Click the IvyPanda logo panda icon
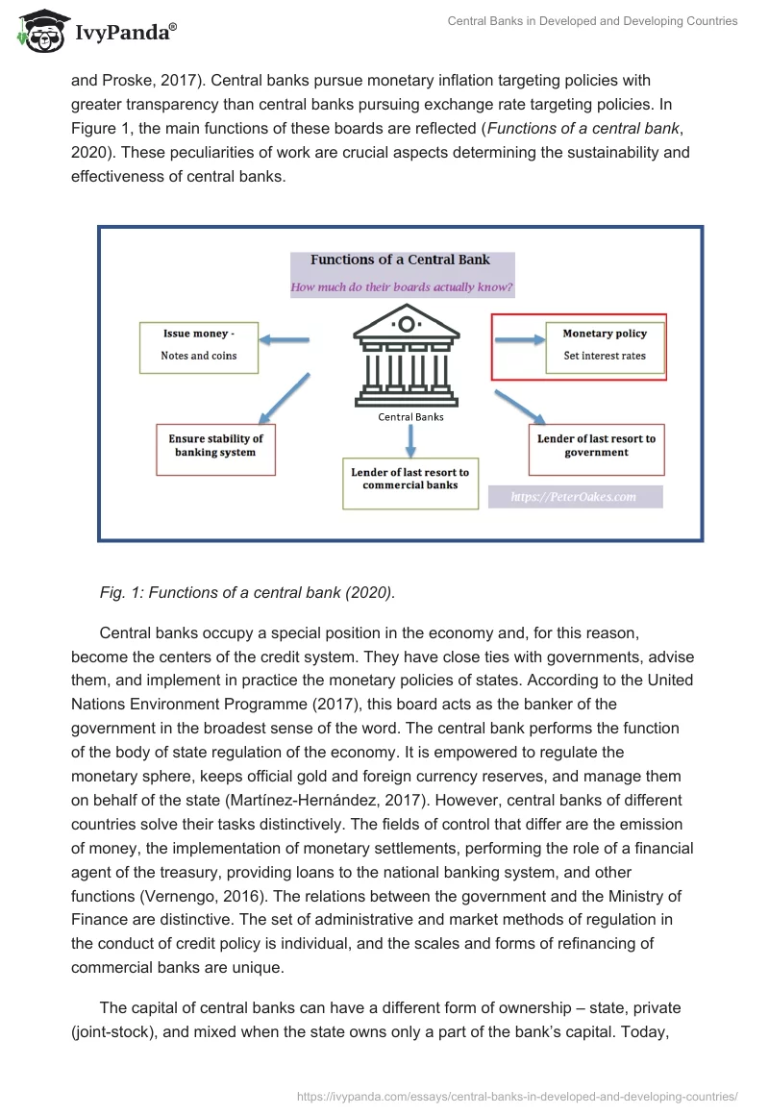point(38,32)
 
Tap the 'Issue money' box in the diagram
point(199,347)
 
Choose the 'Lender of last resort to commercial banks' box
point(409,481)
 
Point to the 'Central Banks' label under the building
point(410,417)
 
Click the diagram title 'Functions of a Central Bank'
point(400,260)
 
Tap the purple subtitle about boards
point(402,286)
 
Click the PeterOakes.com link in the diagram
point(575,497)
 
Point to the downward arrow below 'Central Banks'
point(410,440)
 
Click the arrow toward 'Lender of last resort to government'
point(520,406)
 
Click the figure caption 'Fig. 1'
point(247,593)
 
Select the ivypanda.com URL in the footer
point(517,1095)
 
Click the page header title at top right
point(592,21)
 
